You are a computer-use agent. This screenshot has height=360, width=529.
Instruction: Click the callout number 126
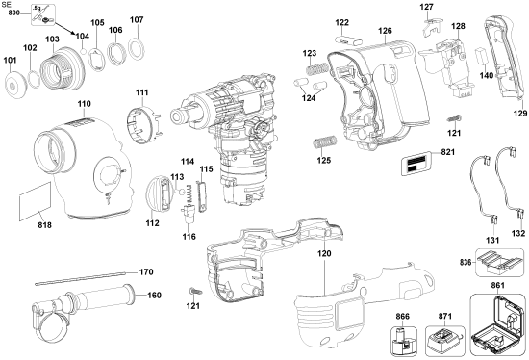pyautogui.click(x=385, y=31)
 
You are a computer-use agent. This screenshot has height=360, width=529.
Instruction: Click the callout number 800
pyautogui.click(x=13, y=18)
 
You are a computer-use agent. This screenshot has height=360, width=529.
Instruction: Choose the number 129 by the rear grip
pyautogui.click(x=520, y=114)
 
